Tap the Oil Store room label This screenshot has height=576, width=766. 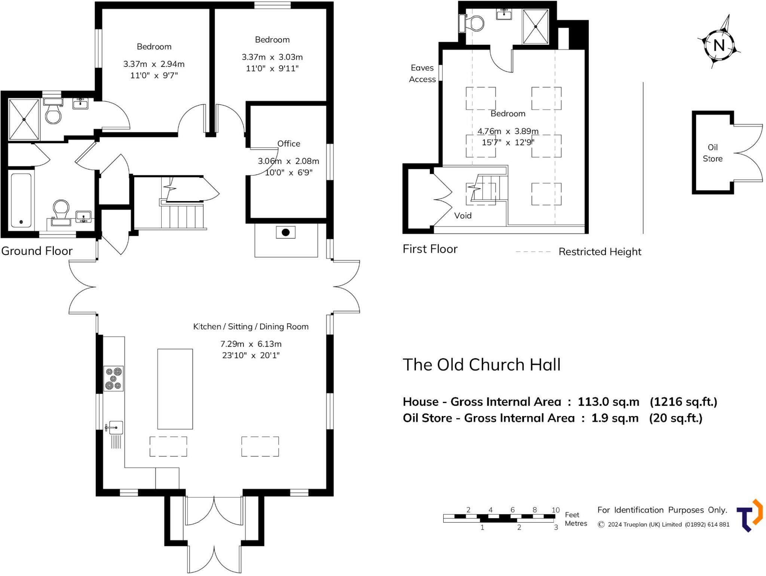coord(713,153)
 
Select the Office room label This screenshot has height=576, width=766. coord(289,144)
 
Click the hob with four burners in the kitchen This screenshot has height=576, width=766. coord(114,379)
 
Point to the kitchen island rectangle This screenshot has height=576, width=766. coord(175,389)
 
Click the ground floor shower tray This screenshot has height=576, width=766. coord(24,119)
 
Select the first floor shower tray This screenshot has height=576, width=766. coord(536,27)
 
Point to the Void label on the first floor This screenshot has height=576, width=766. coord(463,215)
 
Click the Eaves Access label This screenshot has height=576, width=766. coord(422,73)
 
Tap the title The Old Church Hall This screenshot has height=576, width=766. coord(482,364)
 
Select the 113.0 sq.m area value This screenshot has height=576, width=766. coord(609,401)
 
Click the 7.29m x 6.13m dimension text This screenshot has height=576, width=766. coord(251,344)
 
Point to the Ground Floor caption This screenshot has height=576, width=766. coord(37,251)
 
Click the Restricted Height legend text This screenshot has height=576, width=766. coord(600,252)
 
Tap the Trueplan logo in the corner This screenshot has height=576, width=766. coord(750,515)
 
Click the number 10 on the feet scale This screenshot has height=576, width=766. coord(556,510)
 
